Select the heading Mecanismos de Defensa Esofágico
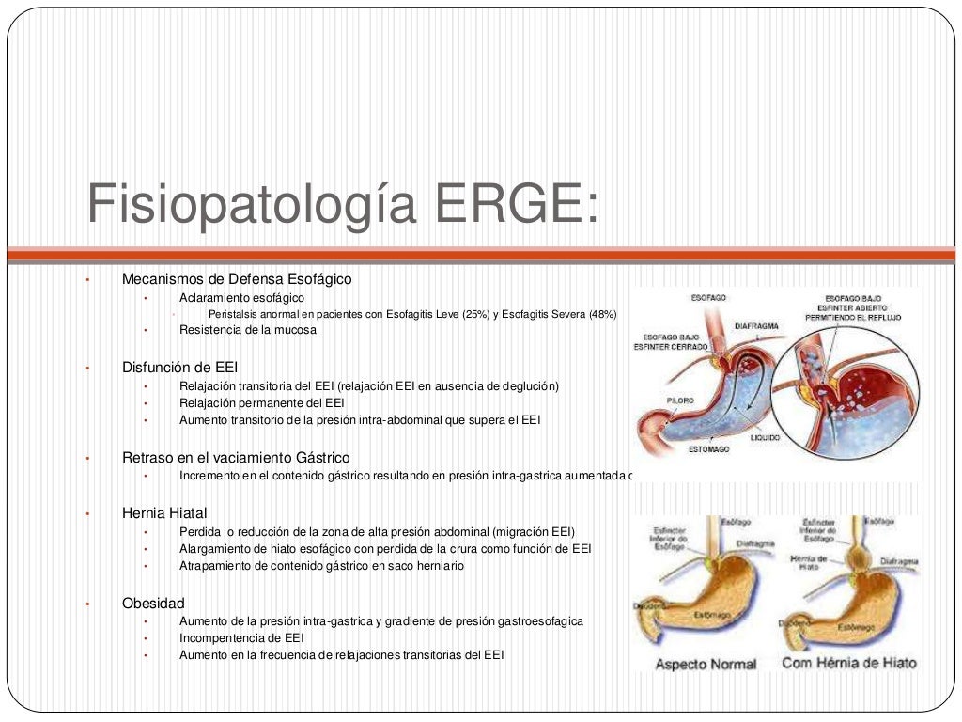coord(237,279)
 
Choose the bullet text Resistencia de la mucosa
coord(248,330)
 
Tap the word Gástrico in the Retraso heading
coord(324,457)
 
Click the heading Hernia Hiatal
coord(164,513)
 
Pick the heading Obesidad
coord(153,603)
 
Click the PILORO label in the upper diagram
coord(680,400)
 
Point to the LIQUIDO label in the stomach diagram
coord(764,437)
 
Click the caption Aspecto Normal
coord(705,664)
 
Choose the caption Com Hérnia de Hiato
coord(848,663)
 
